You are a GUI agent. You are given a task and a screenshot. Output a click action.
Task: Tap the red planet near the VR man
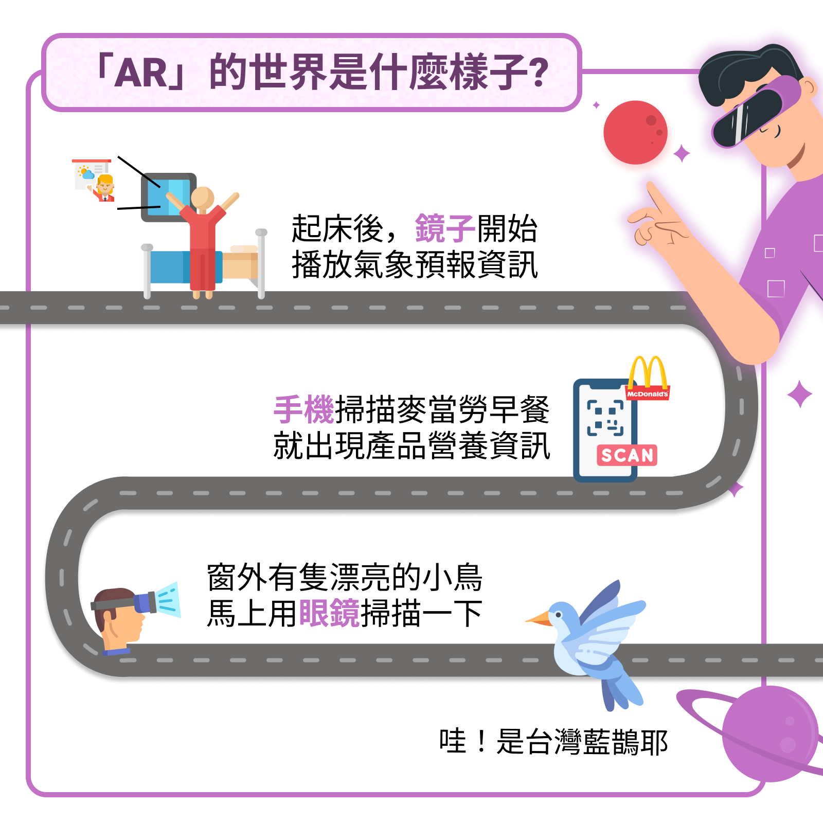(x=635, y=132)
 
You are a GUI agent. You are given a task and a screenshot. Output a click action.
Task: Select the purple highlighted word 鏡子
(x=445, y=228)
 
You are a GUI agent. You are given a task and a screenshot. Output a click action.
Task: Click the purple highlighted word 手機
(x=304, y=410)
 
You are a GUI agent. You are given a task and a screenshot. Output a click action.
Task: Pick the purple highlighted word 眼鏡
(x=329, y=613)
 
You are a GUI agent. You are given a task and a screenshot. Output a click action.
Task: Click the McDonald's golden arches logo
(x=648, y=373)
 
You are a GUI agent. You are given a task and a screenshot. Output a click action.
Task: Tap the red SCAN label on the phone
(x=627, y=455)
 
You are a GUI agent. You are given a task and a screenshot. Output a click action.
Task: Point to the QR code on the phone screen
(x=605, y=418)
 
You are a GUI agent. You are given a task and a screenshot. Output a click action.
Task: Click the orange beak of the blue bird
(x=538, y=618)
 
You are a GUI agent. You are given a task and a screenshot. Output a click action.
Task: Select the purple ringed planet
(x=769, y=733)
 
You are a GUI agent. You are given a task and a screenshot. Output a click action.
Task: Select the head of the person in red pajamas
(x=202, y=198)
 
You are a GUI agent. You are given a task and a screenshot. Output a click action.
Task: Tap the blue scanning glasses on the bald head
(x=144, y=602)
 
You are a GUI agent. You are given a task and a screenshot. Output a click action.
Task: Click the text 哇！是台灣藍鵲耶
(x=553, y=742)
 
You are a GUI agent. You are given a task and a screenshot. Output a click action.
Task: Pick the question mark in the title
(x=539, y=73)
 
